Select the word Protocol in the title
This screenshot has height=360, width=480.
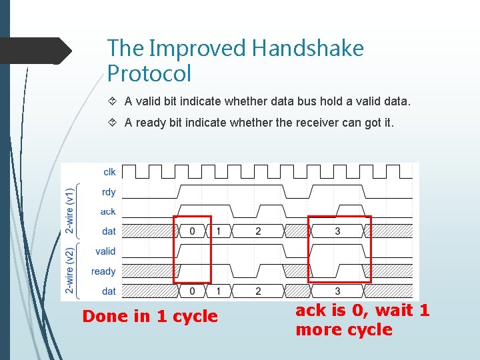149,73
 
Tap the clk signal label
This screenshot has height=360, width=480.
109,172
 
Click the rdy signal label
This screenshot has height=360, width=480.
109,192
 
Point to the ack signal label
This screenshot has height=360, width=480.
108,211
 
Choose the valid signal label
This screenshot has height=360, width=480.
105,251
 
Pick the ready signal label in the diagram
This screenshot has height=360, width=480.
103,271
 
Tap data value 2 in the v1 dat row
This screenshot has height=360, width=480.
258,231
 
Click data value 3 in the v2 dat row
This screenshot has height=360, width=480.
337,291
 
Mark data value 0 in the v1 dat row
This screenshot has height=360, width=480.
193,231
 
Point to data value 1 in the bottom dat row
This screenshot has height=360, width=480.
219,291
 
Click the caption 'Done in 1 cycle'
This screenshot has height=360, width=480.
150,317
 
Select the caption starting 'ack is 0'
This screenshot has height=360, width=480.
363,320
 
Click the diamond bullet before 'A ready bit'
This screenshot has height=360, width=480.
112,123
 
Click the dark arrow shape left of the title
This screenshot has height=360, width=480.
36,51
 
